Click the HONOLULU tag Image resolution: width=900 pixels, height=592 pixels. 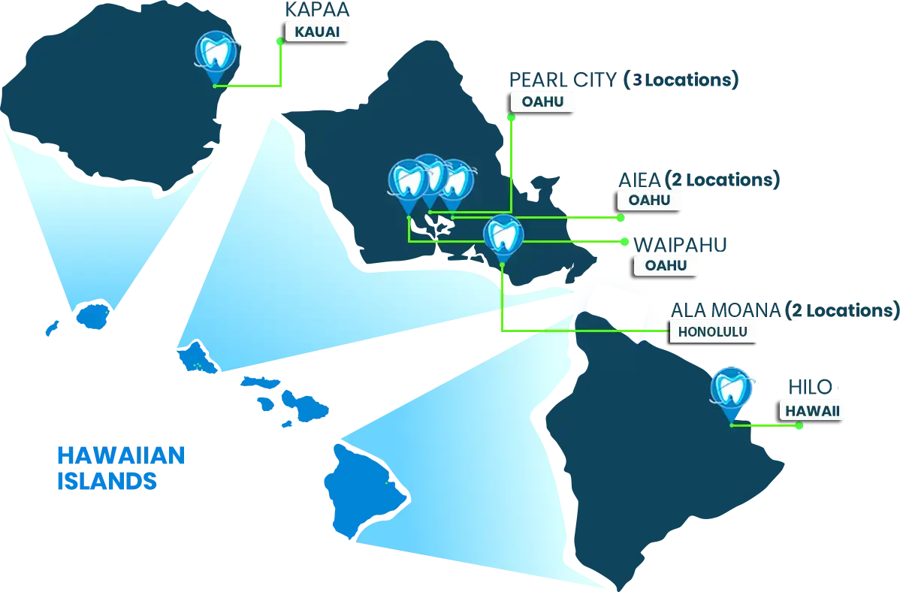click(x=713, y=332)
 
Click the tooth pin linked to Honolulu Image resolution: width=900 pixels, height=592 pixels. click(x=503, y=237)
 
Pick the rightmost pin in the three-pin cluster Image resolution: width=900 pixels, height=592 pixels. click(x=455, y=180)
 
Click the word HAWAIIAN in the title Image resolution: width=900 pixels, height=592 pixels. click(x=120, y=456)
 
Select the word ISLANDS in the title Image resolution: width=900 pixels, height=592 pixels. click(x=106, y=480)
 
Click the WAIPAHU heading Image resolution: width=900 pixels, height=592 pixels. click(x=679, y=243)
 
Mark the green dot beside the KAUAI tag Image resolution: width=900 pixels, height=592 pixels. click(x=280, y=42)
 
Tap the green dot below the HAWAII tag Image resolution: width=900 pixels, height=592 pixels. click(x=799, y=427)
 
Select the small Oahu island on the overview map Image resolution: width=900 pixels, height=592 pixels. click(x=198, y=355)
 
